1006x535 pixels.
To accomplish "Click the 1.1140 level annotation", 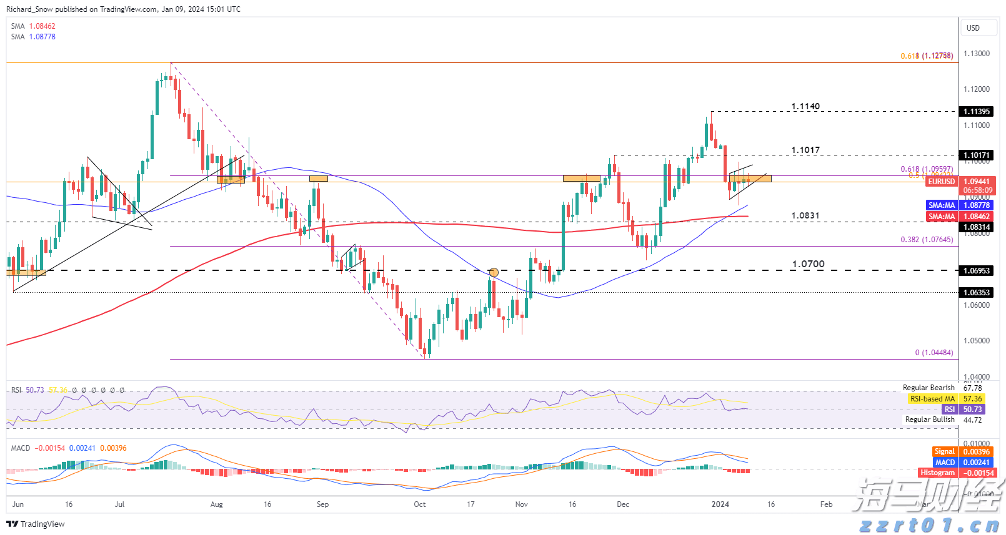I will (x=805, y=107).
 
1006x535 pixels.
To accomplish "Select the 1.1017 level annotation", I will (x=805, y=150).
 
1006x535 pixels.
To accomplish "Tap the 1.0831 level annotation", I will (x=805, y=216).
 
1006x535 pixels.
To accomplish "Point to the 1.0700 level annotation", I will (x=808, y=264).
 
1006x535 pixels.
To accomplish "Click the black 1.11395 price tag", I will (x=976, y=112).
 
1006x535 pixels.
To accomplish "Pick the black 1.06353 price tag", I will (x=976, y=293).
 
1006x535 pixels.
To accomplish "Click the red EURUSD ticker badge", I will (x=941, y=182).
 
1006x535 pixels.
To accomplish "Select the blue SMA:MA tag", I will (x=942, y=205).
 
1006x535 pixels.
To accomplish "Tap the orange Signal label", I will (x=944, y=452).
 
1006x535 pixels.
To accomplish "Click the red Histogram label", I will (x=937, y=473).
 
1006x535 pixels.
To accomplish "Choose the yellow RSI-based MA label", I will (x=932, y=399).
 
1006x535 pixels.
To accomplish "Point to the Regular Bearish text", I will (x=929, y=388).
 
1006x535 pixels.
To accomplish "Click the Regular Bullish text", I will (x=930, y=420).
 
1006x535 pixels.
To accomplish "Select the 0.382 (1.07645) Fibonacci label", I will (x=927, y=240).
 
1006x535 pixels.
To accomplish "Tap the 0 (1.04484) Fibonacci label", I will (x=934, y=353).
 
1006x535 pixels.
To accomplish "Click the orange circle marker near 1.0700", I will (x=494, y=272).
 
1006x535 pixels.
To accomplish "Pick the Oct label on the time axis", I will (x=420, y=504).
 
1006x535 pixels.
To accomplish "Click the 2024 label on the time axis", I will (x=720, y=504).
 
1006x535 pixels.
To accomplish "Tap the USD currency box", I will (x=973, y=28).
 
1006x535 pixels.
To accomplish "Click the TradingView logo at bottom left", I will (x=36, y=524).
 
